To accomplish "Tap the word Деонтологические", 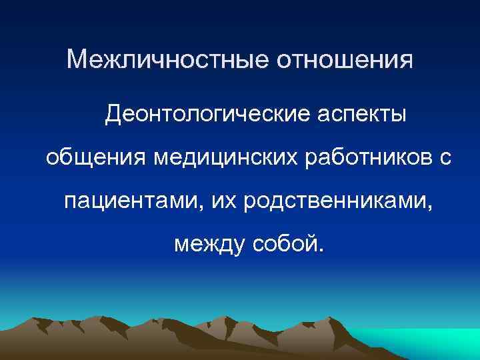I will coord(209,116).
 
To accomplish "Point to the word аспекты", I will coord(363,116).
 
